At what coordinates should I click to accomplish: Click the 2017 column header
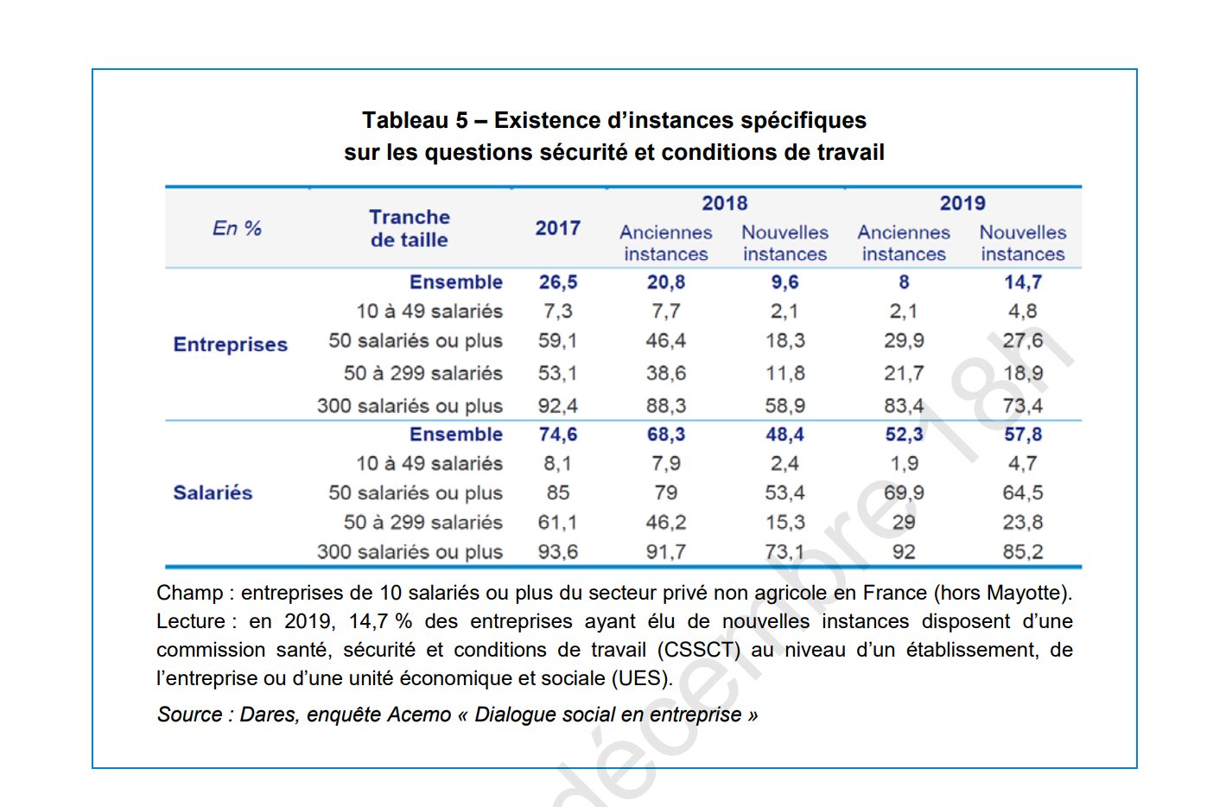557,228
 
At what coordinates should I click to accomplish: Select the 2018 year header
724,204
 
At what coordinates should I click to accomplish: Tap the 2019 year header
962,204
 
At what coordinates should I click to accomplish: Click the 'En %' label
237,228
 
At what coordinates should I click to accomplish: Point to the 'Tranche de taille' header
410,228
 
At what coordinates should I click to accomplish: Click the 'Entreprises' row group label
231,345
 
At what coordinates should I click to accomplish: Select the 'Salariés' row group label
213,493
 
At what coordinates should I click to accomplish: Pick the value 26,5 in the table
558,283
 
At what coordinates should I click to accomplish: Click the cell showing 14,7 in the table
1023,283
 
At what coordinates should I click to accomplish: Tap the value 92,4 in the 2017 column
558,406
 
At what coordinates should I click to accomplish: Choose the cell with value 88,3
666,406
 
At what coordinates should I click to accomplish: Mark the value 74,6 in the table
558,435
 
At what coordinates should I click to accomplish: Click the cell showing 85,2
1023,552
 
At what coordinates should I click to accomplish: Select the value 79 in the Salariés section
666,493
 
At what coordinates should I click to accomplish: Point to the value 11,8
784,373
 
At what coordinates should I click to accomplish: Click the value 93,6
558,552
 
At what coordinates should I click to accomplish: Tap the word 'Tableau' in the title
404,120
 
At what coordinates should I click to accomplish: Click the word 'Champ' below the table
189,594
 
